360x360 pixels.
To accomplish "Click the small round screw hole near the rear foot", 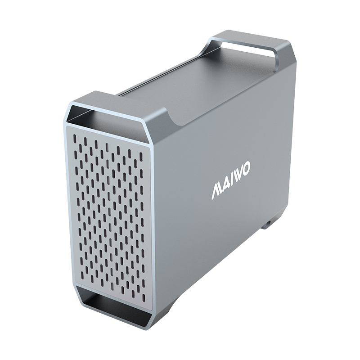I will tap(268, 222).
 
